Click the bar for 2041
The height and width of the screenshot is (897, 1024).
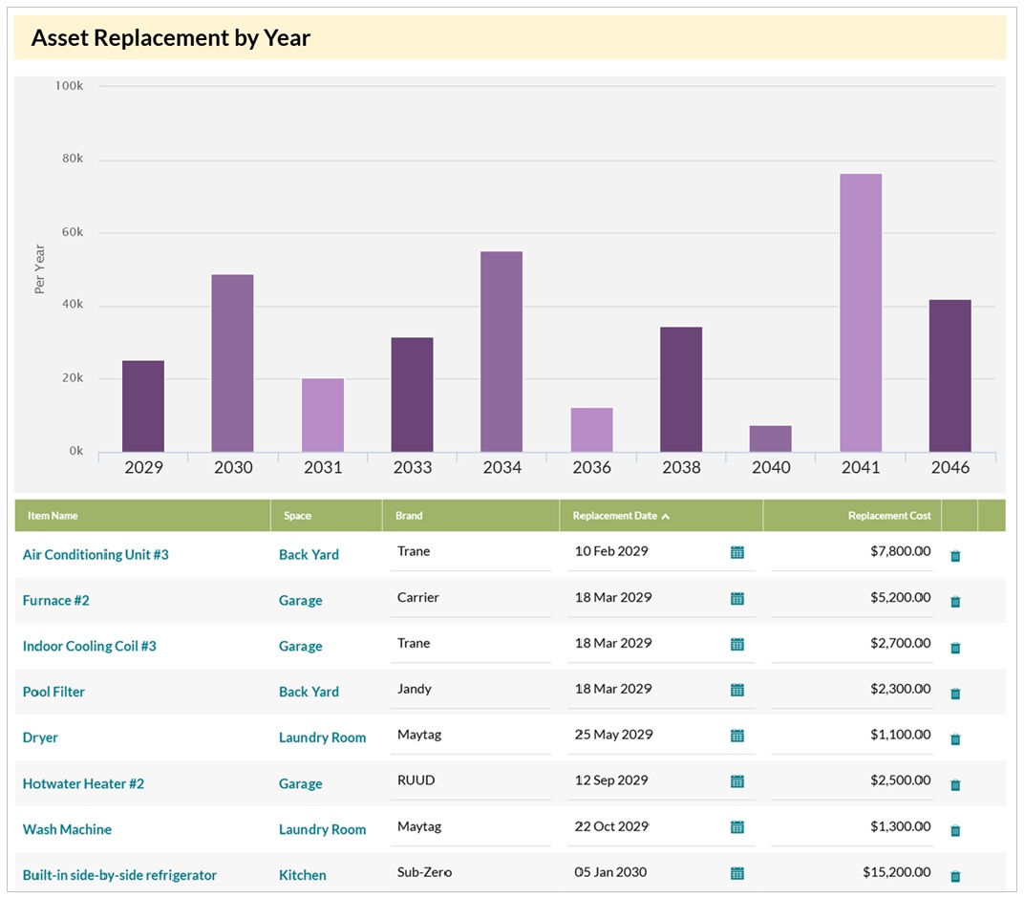pyautogui.click(x=860, y=313)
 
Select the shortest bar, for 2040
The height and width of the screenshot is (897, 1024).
pyautogui.click(x=770, y=439)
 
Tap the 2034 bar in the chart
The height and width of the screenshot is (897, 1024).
pyautogui.click(x=501, y=352)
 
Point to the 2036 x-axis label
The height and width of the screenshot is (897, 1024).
pyautogui.click(x=591, y=467)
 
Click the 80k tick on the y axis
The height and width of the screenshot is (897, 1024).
pyautogui.click(x=69, y=160)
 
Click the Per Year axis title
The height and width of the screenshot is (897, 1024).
pyautogui.click(x=40, y=269)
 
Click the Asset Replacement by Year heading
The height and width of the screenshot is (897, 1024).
pyautogui.click(x=171, y=38)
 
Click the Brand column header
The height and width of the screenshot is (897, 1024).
pyautogui.click(x=409, y=516)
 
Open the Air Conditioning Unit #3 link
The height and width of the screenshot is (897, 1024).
pyautogui.click(x=96, y=554)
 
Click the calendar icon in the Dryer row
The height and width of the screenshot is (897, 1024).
pyautogui.click(x=736, y=736)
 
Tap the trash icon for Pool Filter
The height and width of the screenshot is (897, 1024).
pyautogui.click(x=954, y=694)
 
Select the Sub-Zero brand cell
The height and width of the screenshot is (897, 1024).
pyautogui.click(x=424, y=872)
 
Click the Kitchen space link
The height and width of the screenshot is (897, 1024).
pyautogui.click(x=302, y=875)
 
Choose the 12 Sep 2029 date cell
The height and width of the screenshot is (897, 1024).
pyautogui.click(x=610, y=780)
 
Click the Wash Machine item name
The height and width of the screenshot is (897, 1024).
pyautogui.click(x=67, y=829)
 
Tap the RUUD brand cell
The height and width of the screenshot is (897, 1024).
pyautogui.click(x=416, y=780)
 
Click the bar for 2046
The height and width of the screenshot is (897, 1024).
pyautogui.click(x=949, y=375)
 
